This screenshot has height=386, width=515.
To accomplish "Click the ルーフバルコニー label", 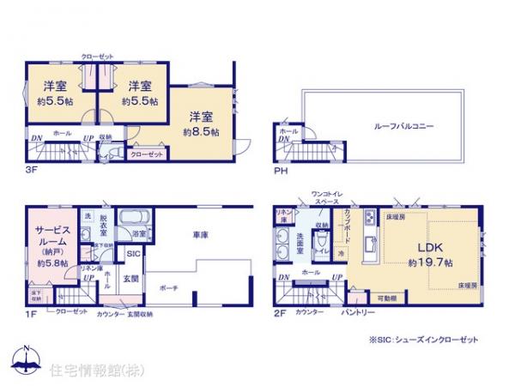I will [x=403, y=126].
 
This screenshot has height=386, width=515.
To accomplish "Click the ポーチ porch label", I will [x=168, y=288].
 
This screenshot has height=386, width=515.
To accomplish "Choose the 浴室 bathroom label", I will [x=136, y=233].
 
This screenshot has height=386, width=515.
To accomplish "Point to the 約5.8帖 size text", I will [x=53, y=262].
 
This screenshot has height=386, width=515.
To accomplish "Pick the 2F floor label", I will [x=282, y=314].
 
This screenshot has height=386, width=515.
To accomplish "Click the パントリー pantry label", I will [x=360, y=314].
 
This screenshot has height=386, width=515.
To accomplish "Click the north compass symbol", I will [x=27, y=361].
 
